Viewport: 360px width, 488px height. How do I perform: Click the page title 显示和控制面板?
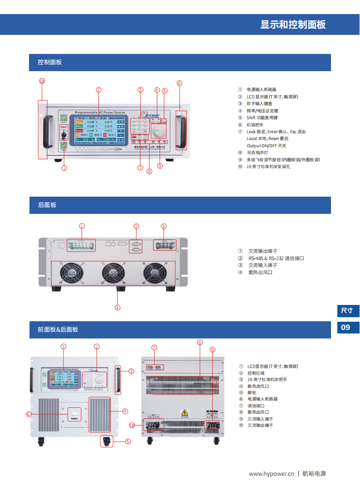pos(293,25)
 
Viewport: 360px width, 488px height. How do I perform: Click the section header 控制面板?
pos(50,63)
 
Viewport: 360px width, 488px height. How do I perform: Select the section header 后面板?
pos(47,205)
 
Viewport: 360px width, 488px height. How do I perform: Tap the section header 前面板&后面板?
pos(58,330)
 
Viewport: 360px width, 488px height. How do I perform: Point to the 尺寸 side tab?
pos(347,311)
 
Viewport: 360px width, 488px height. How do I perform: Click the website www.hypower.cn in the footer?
pos(272,474)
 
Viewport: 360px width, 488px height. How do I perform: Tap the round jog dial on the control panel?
pos(159,131)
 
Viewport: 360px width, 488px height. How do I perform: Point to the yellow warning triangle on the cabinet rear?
pos(185,413)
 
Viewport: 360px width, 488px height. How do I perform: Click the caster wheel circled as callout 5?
pos(107,441)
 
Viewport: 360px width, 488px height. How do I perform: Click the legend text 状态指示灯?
pos(257,153)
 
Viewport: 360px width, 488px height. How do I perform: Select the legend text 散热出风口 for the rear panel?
pos(260,272)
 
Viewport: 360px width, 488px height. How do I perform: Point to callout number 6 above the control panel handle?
pos(180,83)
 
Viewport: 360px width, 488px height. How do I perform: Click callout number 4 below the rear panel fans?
pos(117,308)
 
